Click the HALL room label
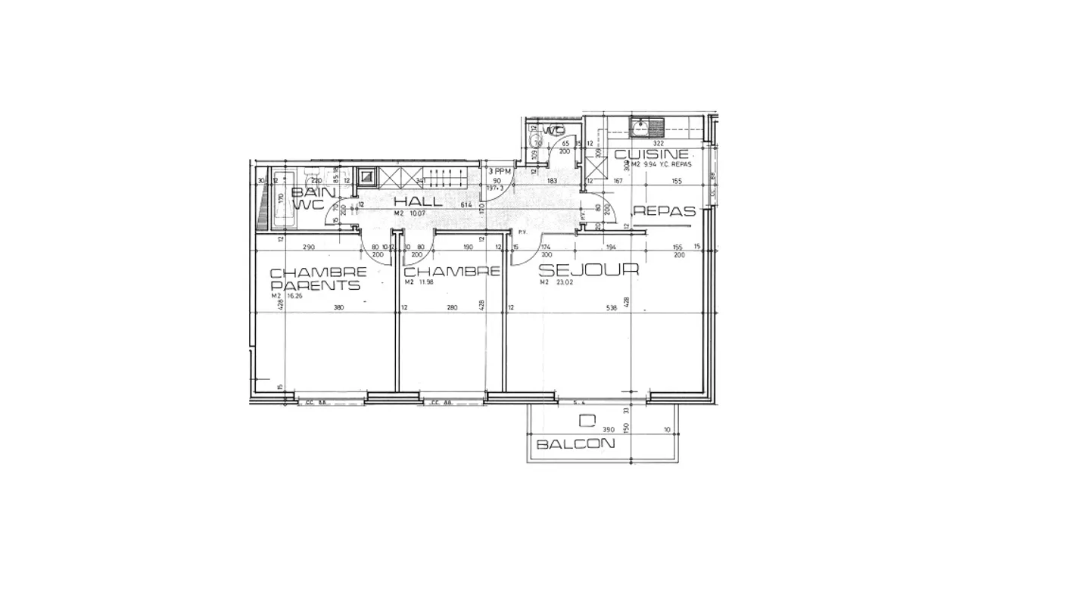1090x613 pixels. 418,201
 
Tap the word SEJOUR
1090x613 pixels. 588,269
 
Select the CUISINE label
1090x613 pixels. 651,154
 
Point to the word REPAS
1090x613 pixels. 664,212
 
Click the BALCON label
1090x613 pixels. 575,444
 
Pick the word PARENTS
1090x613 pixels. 315,285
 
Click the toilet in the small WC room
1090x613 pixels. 538,138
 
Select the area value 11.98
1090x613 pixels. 425,282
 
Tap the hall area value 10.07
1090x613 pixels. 419,213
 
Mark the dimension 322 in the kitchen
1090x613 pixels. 658,143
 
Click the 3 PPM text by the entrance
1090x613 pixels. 500,172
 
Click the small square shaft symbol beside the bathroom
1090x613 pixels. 366,177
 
